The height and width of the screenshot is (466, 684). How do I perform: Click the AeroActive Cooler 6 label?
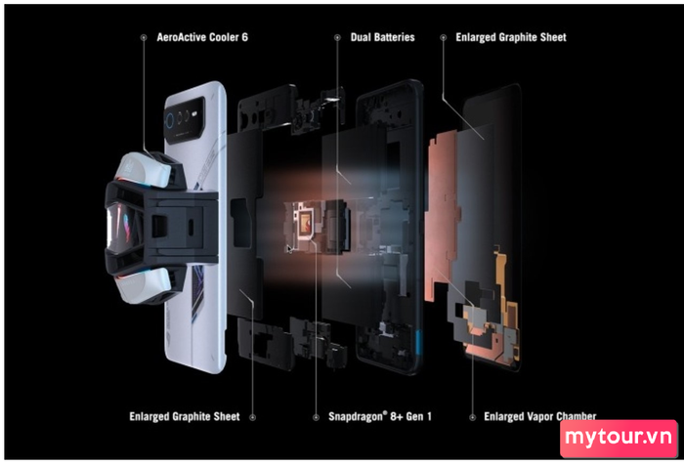202,37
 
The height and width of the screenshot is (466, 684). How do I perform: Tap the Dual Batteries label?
383,37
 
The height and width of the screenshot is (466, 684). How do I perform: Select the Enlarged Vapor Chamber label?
540,417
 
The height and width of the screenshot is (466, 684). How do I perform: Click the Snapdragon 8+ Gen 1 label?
380,417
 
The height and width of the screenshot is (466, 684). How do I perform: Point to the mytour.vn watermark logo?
619,438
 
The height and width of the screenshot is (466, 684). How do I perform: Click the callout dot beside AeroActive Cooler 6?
144,38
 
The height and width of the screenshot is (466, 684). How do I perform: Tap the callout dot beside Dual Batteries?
337,38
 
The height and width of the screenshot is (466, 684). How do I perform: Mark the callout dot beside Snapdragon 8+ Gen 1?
316,417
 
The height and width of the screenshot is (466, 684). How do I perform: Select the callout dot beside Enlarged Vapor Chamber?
472,417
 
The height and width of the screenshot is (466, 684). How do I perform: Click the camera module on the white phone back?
185,120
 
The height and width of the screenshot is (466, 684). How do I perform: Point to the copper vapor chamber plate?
442,214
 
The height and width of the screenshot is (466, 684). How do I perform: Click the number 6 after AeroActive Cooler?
244,37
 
